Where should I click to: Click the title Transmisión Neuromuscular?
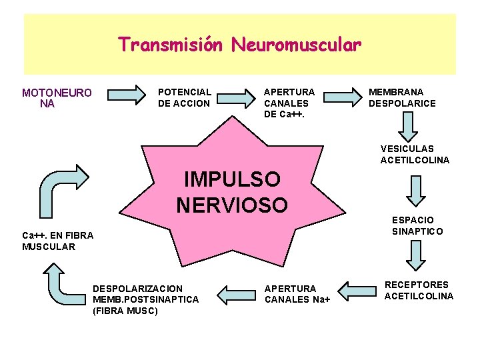point(240,45)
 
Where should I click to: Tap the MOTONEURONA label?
point(57,98)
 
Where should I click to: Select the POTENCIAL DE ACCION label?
point(185,97)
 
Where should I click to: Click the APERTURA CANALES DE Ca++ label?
point(289,103)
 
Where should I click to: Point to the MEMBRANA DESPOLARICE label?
point(402,97)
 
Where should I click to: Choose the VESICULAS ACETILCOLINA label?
point(415,154)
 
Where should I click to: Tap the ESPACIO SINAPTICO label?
point(417,225)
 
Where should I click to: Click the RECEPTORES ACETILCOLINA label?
point(419,290)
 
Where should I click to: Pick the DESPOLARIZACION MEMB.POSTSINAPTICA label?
point(145,299)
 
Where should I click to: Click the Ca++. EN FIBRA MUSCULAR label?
point(58,241)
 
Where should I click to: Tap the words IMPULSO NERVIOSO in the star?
point(232,191)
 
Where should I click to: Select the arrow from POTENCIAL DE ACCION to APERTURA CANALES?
point(238,96)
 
